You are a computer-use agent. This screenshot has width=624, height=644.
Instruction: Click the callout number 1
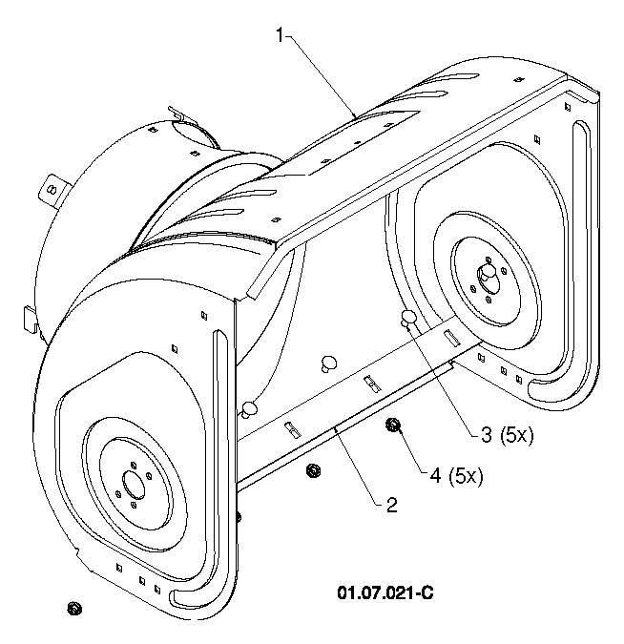tap(280, 35)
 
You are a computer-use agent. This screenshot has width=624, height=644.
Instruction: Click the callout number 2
tap(392, 505)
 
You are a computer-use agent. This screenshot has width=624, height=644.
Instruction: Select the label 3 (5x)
tap(507, 435)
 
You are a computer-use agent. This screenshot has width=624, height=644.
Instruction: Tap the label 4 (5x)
tap(456, 476)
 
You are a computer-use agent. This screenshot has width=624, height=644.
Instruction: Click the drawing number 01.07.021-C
tap(385, 593)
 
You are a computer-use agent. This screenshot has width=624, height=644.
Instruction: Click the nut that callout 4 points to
tap(393, 425)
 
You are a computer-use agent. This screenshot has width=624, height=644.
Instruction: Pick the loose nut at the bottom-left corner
tap(74, 608)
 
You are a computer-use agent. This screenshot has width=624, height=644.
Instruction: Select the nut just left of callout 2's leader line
tap(314, 470)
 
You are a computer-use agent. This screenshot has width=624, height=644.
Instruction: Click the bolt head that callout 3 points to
tap(408, 318)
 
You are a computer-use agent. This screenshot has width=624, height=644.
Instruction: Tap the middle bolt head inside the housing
tap(328, 364)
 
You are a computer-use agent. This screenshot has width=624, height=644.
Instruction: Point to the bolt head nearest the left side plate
tap(249, 409)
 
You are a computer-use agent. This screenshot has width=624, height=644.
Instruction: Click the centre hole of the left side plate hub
tap(135, 483)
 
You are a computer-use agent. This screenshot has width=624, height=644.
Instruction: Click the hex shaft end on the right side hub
tap(488, 273)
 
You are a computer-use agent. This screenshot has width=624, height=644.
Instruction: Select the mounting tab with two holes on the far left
tap(52, 192)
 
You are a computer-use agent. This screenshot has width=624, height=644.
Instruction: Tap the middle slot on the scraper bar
tap(373, 384)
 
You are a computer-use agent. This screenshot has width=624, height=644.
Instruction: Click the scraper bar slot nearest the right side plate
tap(452, 338)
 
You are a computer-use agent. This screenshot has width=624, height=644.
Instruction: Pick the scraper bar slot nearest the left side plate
tap(292, 428)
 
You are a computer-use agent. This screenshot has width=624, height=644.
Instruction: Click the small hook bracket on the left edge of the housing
tap(30, 321)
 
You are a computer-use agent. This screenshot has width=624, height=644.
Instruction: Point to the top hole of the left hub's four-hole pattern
tap(133, 465)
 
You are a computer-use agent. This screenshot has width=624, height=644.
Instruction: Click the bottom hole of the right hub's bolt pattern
tap(489, 300)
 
